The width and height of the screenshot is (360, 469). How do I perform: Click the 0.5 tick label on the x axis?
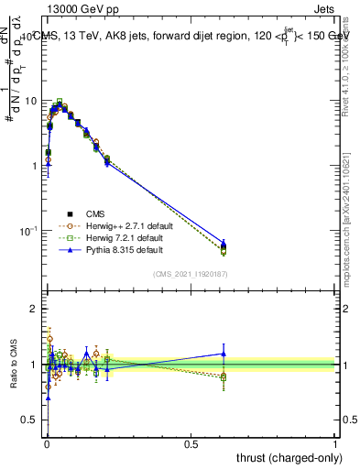(x=191, y=443)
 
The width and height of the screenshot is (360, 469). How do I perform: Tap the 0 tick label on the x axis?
(x=46, y=443)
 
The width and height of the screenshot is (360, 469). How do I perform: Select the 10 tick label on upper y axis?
(x=31, y=100)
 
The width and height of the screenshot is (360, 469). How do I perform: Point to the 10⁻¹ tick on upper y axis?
(x=29, y=230)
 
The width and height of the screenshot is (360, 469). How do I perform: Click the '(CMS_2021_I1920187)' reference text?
(x=191, y=273)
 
